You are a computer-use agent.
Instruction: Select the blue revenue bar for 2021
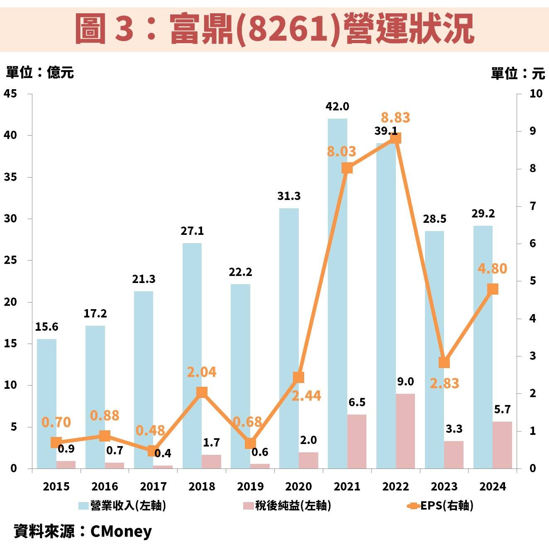[x=337, y=290]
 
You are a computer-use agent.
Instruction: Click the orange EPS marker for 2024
[x=493, y=289]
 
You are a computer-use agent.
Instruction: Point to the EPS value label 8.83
[x=395, y=117]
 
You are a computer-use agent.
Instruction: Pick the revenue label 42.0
[x=337, y=107]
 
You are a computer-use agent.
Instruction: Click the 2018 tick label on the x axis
[x=202, y=486]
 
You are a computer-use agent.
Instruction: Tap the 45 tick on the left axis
[x=10, y=94]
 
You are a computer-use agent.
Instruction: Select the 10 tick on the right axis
[x=536, y=94]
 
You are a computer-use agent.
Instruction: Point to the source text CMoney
[x=121, y=531]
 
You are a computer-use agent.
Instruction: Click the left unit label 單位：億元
[x=40, y=73]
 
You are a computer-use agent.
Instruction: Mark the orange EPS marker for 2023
[x=444, y=362]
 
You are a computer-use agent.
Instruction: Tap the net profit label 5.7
[x=502, y=410]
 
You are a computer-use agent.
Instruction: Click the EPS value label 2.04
[x=201, y=372]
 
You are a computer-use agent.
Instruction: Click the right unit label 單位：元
[x=517, y=73]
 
